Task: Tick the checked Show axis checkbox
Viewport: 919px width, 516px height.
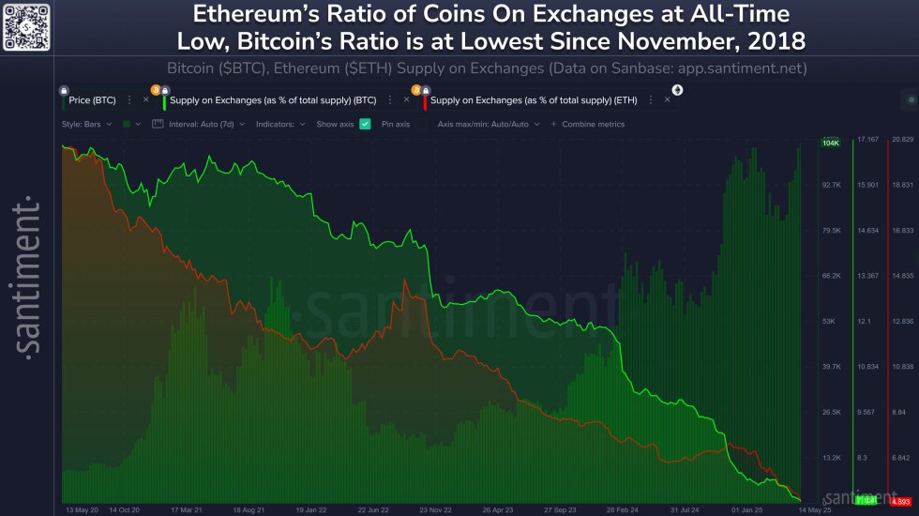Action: pos(365,124)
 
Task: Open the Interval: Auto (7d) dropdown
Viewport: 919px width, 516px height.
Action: pos(203,124)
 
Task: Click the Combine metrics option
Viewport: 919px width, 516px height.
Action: pos(592,124)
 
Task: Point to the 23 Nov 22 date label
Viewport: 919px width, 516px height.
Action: pos(437,509)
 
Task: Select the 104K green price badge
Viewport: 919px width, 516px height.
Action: pos(830,143)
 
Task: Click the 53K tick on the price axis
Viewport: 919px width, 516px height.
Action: pos(829,322)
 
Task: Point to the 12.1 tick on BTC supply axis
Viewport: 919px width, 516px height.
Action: pos(865,322)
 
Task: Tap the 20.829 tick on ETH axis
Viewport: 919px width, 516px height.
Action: pos(902,140)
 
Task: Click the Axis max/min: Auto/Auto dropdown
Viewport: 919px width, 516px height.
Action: pos(490,124)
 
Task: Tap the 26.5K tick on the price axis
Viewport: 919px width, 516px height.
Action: pos(830,412)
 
